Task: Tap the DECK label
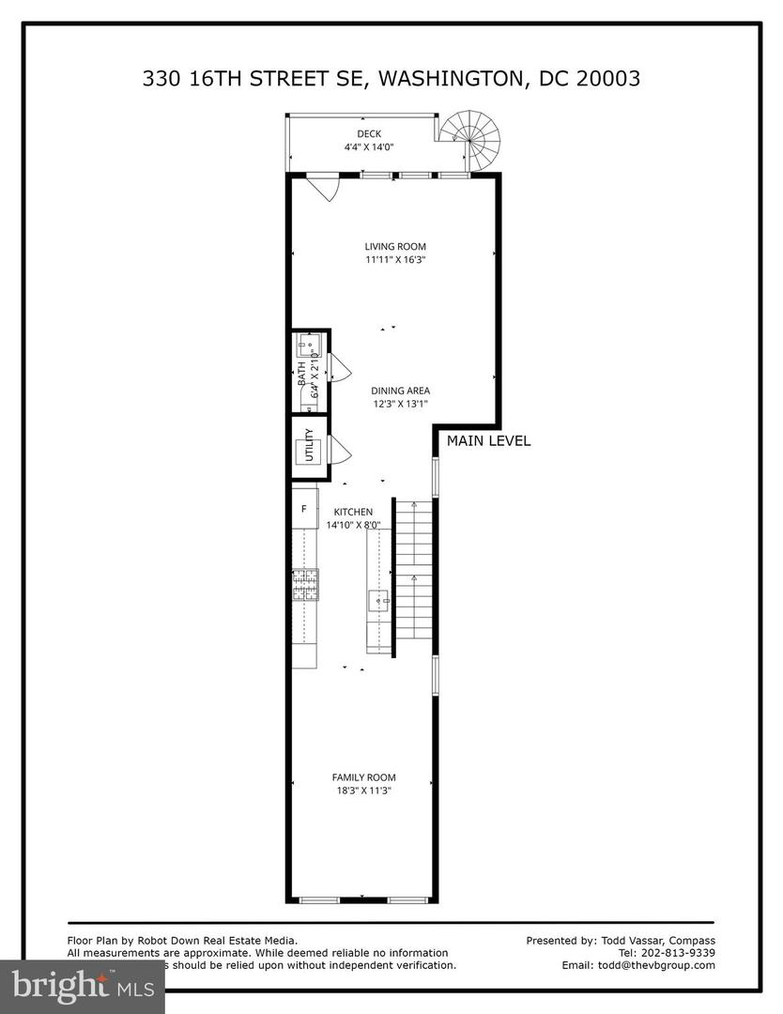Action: pos(369,134)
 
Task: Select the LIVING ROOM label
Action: pos(389,247)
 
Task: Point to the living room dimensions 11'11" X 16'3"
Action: pos(389,260)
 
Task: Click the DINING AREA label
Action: pos(399,391)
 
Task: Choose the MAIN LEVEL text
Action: pos(488,440)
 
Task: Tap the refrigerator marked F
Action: pos(304,509)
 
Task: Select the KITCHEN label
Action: pos(353,512)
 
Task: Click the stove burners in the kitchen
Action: pos(305,586)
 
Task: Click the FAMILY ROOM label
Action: pos(363,777)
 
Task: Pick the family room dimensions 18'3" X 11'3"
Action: pos(363,791)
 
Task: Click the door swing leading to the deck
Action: pos(324,188)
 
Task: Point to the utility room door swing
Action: pos(338,452)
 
